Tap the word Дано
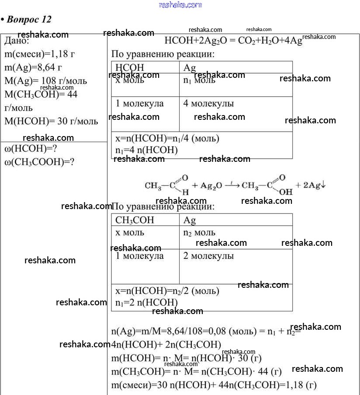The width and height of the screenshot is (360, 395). pyautogui.click(x=17, y=42)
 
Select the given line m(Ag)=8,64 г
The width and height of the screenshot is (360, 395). pyautogui.click(x=33, y=67)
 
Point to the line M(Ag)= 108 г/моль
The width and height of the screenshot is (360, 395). pyautogui.click(x=45, y=81)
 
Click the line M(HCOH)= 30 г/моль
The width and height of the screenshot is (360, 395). pyautogui.click(x=51, y=121)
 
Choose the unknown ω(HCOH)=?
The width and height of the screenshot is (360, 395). pyautogui.click(x=31, y=149)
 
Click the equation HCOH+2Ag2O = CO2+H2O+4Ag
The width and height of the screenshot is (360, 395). pyautogui.click(x=233, y=42)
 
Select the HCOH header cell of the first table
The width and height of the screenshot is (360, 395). pyautogui.click(x=130, y=68)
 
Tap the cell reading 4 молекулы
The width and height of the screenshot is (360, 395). pyautogui.click(x=208, y=104)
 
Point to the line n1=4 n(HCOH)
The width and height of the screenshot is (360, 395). pyautogui.click(x=146, y=150)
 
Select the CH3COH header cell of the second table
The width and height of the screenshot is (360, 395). pyautogui.click(x=135, y=220)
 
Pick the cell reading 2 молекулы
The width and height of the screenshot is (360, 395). pyautogui.click(x=208, y=256)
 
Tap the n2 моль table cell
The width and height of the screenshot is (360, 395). pyautogui.click(x=199, y=233)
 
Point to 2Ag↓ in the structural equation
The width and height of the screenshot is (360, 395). pyautogui.click(x=311, y=185)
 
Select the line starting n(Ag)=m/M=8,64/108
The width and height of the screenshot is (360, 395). pyautogui.click(x=205, y=331)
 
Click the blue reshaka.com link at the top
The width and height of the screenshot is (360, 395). pyautogui.click(x=180, y=5)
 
